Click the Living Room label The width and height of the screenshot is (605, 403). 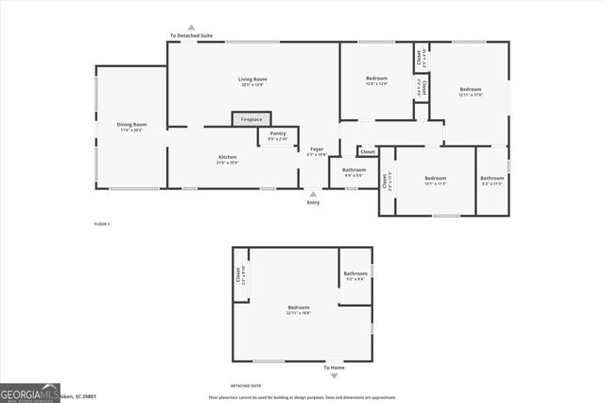pos(251,79)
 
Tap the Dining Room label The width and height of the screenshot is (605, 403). pos(132,125)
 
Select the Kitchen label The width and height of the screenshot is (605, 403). pos(228,157)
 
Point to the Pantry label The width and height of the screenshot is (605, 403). pos(278,133)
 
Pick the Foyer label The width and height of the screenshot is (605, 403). pos(317,149)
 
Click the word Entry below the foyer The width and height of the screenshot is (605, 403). pos(314,201)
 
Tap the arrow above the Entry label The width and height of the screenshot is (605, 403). pos(314,193)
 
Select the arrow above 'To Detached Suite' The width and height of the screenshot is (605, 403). pos(191,27)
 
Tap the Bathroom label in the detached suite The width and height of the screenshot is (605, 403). pos(355,274)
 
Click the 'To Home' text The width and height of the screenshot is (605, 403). pos(335,367)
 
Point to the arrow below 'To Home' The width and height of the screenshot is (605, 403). pos(335,376)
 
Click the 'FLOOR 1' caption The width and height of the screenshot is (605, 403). pos(102,223)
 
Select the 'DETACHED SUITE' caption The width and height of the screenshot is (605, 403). pos(247,386)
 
